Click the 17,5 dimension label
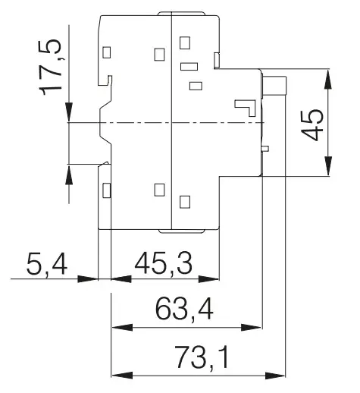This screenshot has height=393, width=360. click(x=50, y=68)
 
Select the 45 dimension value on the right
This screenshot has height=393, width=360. click(x=313, y=124)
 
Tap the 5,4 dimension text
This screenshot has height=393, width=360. click(x=47, y=265)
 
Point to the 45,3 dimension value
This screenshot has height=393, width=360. click(x=164, y=263)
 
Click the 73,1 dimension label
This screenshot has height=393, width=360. click(x=202, y=358)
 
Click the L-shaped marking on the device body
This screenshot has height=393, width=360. click(x=245, y=108)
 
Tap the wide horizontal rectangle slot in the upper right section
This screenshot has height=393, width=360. click(x=189, y=66)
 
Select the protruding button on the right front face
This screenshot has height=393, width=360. click(x=274, y=86)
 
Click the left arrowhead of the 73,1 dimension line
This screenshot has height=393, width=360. click(x=122, y=376)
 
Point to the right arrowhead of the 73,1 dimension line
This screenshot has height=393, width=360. click(x=274, y=376)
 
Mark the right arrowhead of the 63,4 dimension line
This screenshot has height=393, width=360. click(x=252, y=328)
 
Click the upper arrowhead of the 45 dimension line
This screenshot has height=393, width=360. click(x=328, y=79)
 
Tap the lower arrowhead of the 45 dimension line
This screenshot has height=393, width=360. click(x=328, y=165)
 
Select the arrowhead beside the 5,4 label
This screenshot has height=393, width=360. click(x=87, y=279)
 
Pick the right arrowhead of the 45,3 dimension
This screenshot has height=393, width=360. click(x=208, y=279)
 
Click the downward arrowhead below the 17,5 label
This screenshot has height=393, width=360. click(x=69, y=112)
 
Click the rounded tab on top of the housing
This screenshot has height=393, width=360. click(x=181, y=14)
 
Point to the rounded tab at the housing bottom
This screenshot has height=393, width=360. click(x=181, y=231)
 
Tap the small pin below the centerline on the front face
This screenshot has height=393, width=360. click(x=265, y=149)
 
